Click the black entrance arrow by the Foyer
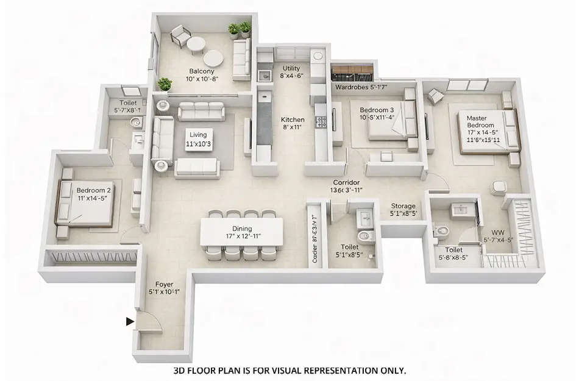[x=130, y=321]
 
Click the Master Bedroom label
[x=481, y=121]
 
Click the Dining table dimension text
[x=243, y=235]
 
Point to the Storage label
[x=403, y=207]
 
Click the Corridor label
[x=346, y=183]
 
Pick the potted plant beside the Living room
[x=163, y=84]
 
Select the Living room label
[x=197, y=135]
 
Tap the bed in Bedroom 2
[x=85, y=203]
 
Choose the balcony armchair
[x=179, y=35]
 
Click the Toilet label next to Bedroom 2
[x=128, y=104]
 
